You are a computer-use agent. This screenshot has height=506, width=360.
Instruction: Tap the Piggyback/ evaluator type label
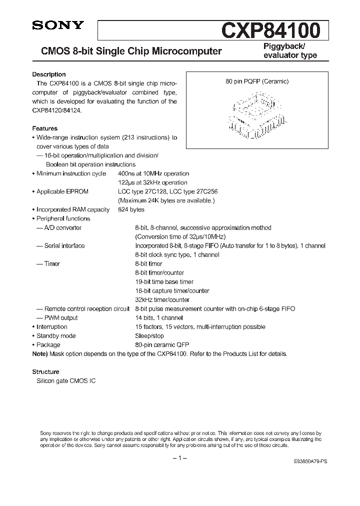coord(290,50)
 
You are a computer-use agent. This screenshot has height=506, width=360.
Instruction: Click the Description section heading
coord(49,74)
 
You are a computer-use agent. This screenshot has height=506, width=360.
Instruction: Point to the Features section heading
coord(45,128)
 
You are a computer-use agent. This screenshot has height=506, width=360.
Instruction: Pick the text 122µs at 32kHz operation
coord(152,182)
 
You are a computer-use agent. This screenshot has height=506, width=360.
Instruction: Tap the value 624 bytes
coord(131,209)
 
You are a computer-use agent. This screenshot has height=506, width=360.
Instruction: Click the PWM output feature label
coord(60,317)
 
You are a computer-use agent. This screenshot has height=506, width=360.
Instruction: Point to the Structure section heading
coord(45,371)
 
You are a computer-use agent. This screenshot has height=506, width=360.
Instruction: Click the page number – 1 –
coord(179,458)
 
